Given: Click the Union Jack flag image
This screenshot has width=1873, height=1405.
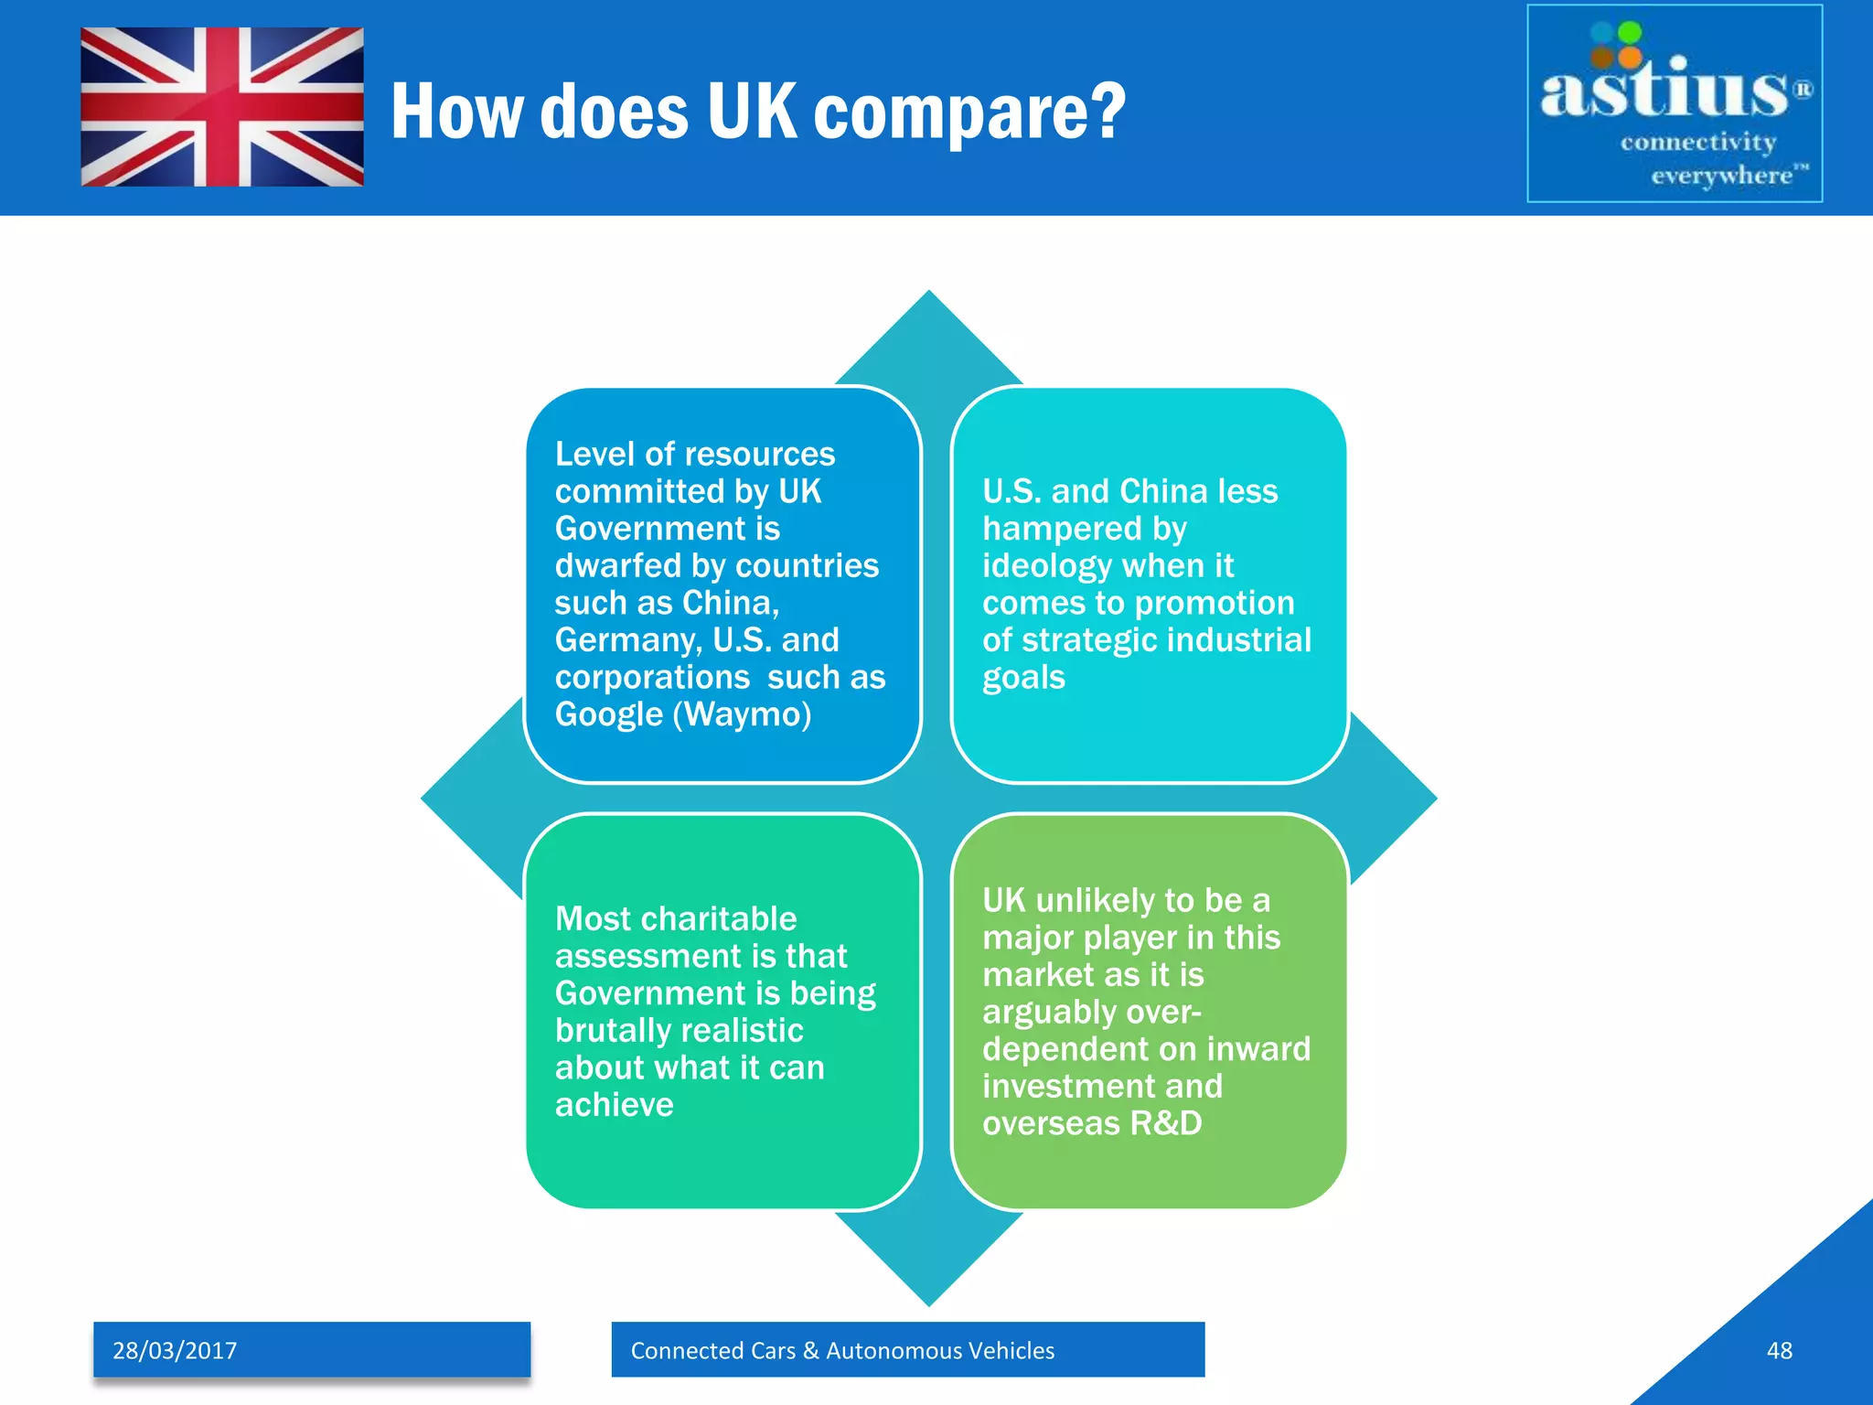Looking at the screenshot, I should pos(222,107).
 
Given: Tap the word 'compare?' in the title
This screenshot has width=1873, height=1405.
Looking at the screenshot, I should pos(969,112).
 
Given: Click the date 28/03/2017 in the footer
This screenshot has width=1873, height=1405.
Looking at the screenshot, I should pos(175,1350).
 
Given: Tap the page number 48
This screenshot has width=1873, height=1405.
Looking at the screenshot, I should pos(1779,1350).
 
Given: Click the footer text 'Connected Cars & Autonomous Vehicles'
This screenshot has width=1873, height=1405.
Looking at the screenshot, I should pos(842,1350).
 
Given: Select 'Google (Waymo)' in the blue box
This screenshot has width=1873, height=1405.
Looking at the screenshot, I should pos(683,714).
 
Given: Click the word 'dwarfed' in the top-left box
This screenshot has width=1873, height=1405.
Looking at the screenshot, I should pos(618,565).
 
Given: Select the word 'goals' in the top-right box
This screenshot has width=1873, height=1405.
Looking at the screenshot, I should pos(1023,678).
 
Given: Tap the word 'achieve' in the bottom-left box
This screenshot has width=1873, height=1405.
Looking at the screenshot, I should pos(614,1105).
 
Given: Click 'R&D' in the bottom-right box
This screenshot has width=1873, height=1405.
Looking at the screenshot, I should pos(1166,1123).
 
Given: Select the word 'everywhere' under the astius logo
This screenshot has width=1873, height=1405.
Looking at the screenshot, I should pos(1721,175).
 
